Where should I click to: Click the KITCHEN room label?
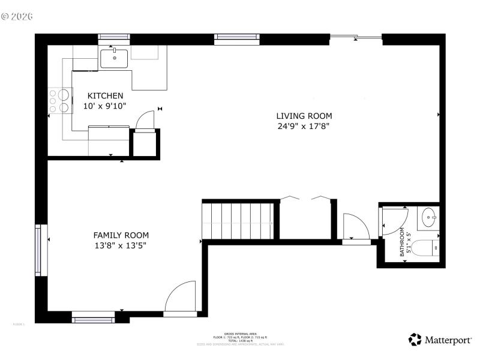(106, 96)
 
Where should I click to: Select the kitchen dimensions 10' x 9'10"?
(106, 106)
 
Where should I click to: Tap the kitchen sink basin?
(114, 59)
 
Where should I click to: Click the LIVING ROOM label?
(304, 116)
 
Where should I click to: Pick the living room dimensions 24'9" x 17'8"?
(304, 126)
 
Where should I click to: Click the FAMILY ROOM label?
(121, 235)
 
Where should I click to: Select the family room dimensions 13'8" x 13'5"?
(121, 245)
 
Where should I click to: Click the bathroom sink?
(430, 217)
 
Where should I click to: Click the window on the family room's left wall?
(40, 250)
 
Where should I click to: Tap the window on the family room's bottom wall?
(94, 316)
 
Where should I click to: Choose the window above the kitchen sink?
(114, 38)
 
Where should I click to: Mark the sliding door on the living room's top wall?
(356, 38)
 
